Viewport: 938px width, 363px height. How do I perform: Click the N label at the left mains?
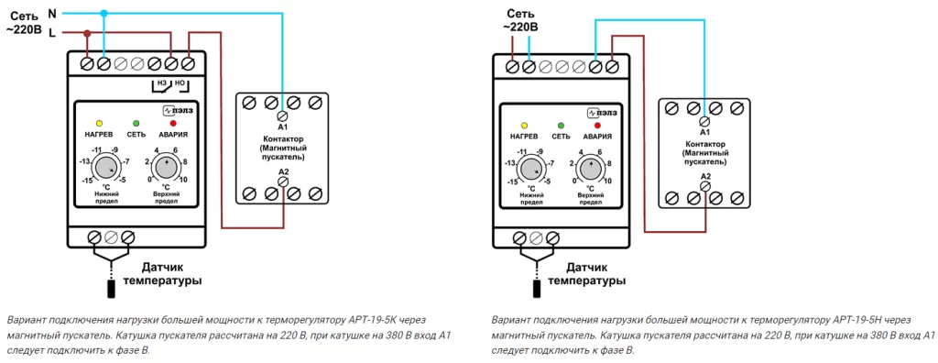(x=51, y=12)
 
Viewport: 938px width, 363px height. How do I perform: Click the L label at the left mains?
(x=52, y=34)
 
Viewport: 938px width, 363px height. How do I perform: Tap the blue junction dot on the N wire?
(x=104, y=13)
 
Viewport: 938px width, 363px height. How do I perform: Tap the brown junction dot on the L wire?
(x=87, y=32)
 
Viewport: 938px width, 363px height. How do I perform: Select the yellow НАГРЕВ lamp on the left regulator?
(x=99, y=123)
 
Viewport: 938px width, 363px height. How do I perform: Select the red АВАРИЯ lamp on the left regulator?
(x=173, y=123)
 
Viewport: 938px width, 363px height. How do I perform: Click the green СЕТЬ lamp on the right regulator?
(x=562, y=126)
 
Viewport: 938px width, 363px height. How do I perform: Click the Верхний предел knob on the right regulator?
(x=591, y=169)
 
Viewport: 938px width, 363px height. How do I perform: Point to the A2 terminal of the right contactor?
(x=705, y=187)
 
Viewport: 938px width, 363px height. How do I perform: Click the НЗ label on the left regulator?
(x=161, y=82)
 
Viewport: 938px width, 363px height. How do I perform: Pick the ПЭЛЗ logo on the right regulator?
(x=602, y=112)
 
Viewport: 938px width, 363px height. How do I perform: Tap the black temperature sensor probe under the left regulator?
(x=111, y=289)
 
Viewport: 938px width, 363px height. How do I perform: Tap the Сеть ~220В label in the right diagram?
(x=520, y=20)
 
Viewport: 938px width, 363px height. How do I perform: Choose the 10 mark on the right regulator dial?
(x=608, y=181)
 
